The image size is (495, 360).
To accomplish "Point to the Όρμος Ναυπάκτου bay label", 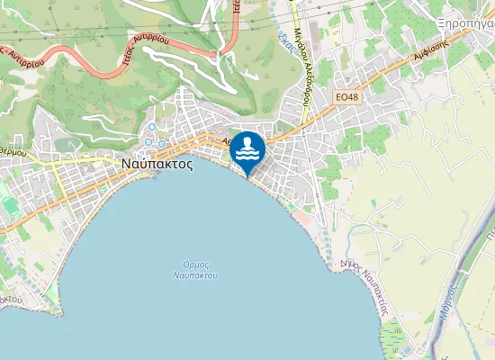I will tap(195, 269).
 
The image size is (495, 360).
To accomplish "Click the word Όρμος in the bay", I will tap(195, 264).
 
